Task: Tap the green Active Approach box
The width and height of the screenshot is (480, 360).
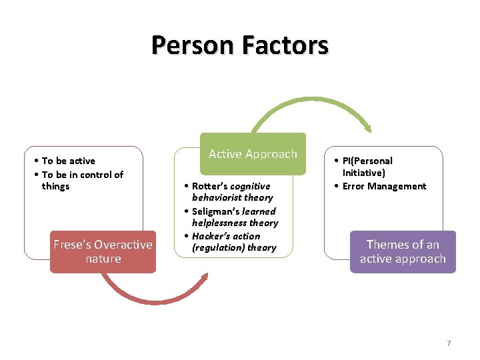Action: (x=253, y=154)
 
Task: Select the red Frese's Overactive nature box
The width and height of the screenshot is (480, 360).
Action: (x=103, y=251)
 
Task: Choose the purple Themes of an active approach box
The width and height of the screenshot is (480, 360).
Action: (x=403, y=251)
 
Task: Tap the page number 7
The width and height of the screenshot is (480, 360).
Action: (x=449, y=343)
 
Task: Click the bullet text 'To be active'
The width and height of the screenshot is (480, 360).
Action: (x=68, y=161)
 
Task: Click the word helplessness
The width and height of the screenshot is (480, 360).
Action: (x=217, y=223)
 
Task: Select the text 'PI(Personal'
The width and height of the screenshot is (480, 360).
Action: (x=367, y=161)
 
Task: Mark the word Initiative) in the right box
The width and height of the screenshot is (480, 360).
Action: (x=364, y=173)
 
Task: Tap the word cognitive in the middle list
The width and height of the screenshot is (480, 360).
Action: (x=250, y=186)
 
